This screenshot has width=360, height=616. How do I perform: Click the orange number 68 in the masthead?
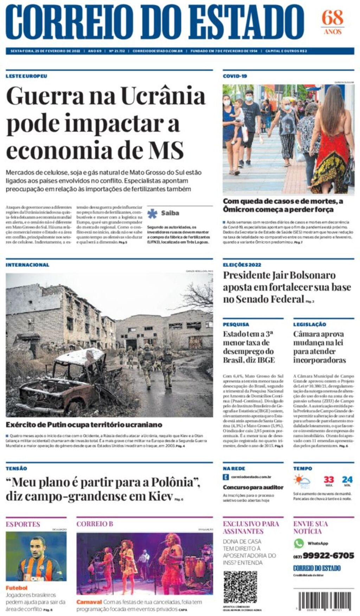332,18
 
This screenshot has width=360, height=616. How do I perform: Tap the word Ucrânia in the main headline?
163,96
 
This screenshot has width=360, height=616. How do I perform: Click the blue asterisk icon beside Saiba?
152,213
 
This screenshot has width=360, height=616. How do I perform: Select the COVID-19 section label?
235,76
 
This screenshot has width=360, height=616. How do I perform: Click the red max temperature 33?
329,480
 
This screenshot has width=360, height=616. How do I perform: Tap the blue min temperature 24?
347,480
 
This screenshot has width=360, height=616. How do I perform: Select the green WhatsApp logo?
299,543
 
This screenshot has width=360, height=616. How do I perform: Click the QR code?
240,587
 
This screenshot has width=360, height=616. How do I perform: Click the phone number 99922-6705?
328,556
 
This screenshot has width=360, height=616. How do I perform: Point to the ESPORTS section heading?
23,524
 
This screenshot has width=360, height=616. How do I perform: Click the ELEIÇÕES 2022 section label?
242,265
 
